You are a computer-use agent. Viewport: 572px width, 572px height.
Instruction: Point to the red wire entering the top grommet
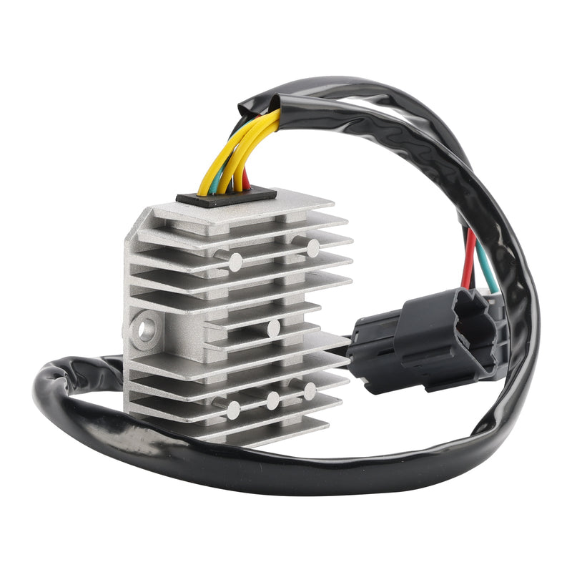246,179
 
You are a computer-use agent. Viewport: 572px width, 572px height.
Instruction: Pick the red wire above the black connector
470,257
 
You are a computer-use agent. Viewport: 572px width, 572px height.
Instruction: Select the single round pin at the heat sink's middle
272,328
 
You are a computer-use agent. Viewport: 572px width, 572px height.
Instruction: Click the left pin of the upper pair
234,262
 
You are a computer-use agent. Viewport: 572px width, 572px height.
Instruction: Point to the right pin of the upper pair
312,247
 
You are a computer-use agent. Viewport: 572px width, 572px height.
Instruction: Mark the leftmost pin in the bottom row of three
233,410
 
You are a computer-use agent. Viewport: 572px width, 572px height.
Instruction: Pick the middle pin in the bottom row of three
272,401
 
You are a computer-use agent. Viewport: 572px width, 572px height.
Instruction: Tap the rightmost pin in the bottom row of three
310,391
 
